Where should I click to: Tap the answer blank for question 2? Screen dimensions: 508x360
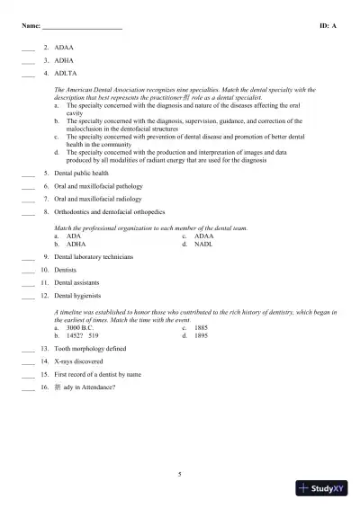27,45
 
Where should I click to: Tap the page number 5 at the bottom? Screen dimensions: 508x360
180,473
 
